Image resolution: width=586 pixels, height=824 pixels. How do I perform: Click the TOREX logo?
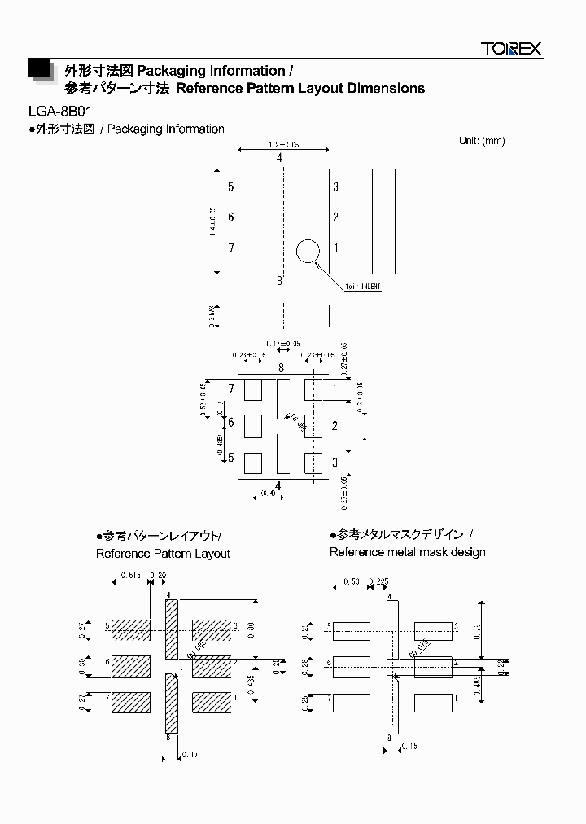coord(510,49)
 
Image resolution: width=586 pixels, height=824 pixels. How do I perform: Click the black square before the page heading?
coord(38,69)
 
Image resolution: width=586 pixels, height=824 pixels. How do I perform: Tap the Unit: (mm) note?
coord(482,141)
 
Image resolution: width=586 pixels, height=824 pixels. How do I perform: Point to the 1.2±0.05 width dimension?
coord(283,144)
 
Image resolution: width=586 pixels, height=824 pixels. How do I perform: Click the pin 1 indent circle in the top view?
coord(308,251)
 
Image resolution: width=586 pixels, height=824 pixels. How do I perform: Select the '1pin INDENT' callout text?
coord(362,287)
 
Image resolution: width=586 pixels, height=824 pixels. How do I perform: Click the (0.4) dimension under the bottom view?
coord(269,493)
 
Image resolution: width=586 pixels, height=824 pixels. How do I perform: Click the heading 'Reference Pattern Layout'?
coord(163,554)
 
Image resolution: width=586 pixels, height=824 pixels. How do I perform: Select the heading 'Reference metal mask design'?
coord(407,552)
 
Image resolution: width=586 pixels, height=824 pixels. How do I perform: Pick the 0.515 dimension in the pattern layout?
coord(130,576)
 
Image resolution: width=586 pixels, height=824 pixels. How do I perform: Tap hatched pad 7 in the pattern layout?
coord(130,701)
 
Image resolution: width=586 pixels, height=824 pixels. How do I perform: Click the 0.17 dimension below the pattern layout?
coord(190,755)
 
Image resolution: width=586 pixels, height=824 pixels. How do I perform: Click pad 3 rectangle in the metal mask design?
coord(433,630)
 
